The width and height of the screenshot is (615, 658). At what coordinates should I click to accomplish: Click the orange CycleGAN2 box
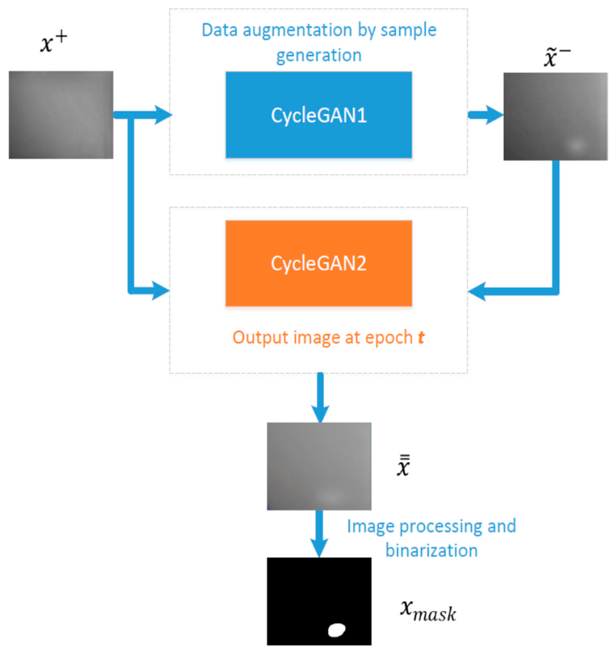click(x=318, y=263)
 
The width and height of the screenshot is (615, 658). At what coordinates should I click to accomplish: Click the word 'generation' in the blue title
click(x=318, y=55)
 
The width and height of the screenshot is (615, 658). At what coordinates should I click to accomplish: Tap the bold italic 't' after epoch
click(x=421, y=338)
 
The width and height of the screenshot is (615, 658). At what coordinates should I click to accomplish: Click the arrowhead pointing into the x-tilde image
click(x=495, y=115)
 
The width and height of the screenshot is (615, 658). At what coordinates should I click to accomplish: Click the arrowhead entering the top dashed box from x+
click(x=163, y=115)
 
